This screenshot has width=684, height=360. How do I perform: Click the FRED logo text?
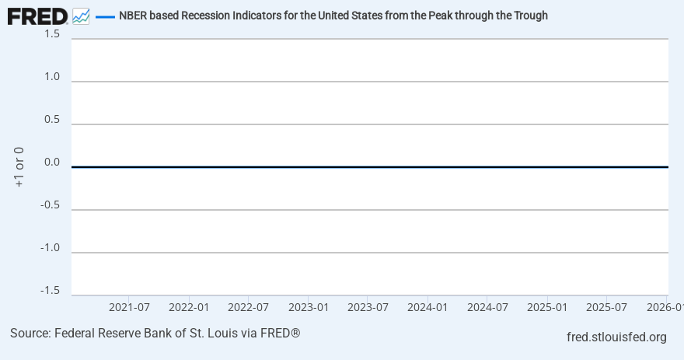click(37, 16)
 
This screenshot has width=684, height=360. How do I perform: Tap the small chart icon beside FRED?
click(81, 16)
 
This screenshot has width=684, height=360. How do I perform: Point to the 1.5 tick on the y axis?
click(52, 34)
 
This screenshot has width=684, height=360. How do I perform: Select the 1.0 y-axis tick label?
click(52, 76)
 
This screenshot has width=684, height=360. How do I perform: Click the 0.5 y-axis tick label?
click(52, 119)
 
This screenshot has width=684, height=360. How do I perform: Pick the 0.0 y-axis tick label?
click(52, 162)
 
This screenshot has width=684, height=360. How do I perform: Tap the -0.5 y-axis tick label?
click(51, 204)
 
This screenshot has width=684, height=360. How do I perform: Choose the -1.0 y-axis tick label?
click(51, 247)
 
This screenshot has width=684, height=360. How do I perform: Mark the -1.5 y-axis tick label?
click(51, 290)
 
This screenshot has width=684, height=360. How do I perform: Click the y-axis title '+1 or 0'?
click(19, 166)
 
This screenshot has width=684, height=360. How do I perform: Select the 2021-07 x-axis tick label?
click(129, 307)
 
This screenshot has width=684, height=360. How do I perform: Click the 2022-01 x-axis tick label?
click(189, 307)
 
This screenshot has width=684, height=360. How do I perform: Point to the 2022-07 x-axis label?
click(249, 307)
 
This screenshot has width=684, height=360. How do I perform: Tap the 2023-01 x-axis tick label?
click(309, 307)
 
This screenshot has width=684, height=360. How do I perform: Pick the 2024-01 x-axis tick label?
click(427, 307)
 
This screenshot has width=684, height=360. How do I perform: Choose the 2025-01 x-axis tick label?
click(547, 307)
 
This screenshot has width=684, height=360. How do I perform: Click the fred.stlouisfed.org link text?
click(616, 337)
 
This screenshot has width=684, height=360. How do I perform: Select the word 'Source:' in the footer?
click(30, 333)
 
